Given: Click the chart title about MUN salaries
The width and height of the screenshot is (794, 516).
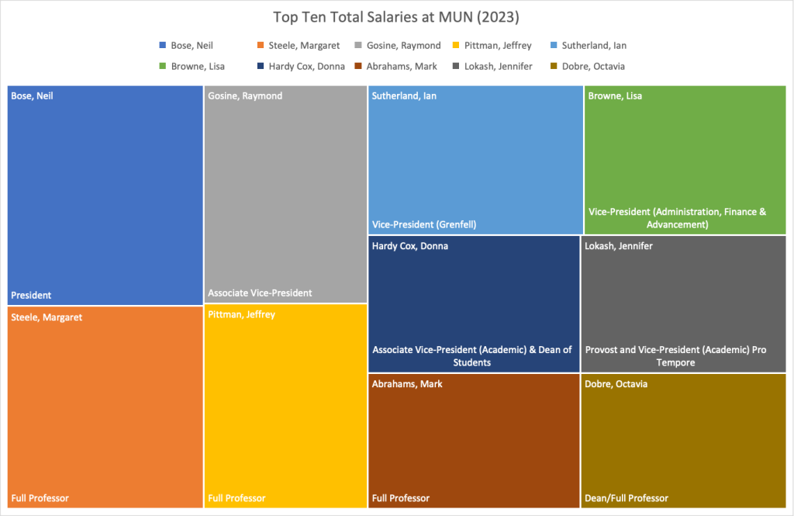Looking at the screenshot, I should (x=396, y=16).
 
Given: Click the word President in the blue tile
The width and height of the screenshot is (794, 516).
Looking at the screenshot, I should (x=31, y=295).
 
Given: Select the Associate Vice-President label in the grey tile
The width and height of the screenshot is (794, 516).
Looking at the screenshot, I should (x=260, y=293).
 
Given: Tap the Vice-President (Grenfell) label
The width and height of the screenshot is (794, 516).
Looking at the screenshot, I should (x=424, y=225).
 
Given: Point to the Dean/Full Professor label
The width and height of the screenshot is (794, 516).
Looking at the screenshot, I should (x=627, y=497).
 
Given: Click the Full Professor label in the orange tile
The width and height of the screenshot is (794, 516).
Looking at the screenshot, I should (x=40, y=497).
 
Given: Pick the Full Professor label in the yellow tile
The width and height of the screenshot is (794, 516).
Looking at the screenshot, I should (x=236, y=497).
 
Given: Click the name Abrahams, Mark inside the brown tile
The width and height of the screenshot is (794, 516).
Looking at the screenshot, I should (x=407, y=384).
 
